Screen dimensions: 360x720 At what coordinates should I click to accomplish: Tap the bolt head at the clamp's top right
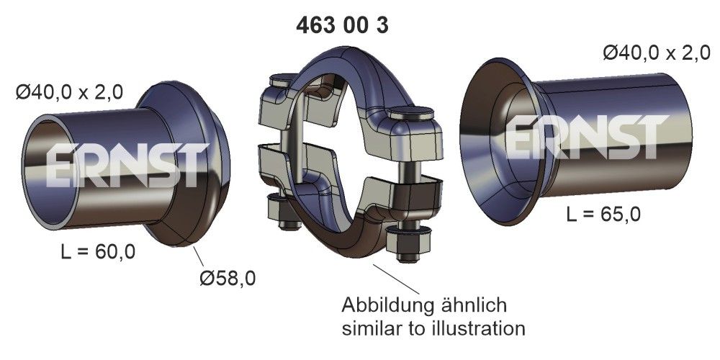coord(413,115)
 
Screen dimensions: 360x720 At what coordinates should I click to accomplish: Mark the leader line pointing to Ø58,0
coord(201,257)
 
